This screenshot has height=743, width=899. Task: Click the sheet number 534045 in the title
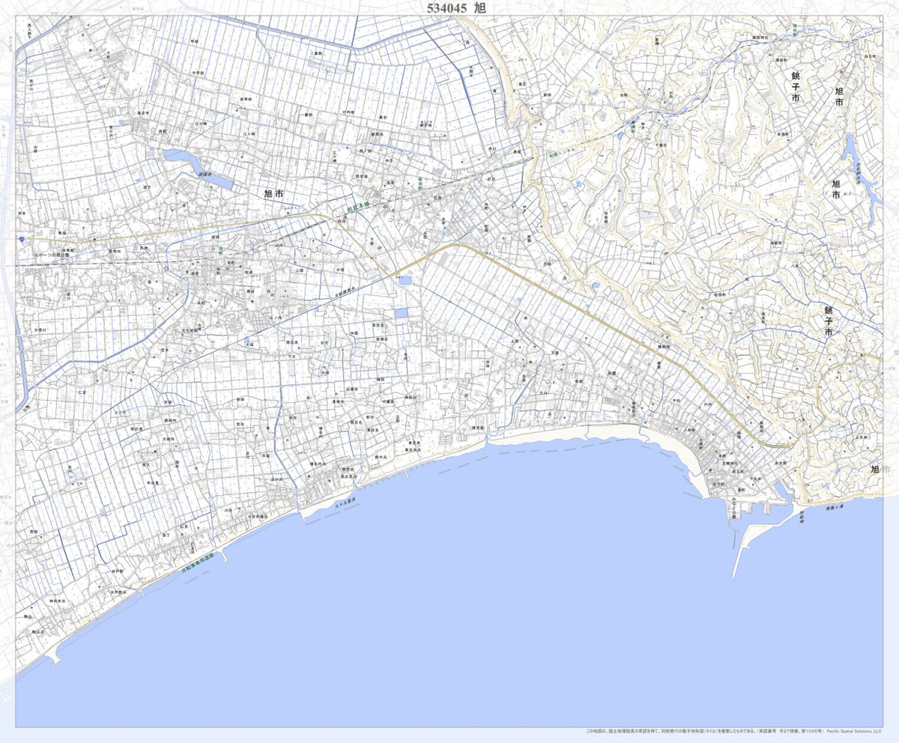(447, 8)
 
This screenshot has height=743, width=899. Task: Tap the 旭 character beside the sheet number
(480, 8)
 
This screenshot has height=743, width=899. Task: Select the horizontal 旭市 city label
(273, 193)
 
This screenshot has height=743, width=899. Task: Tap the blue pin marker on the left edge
(23, 239)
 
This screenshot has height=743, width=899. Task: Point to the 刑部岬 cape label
(800, 516)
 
